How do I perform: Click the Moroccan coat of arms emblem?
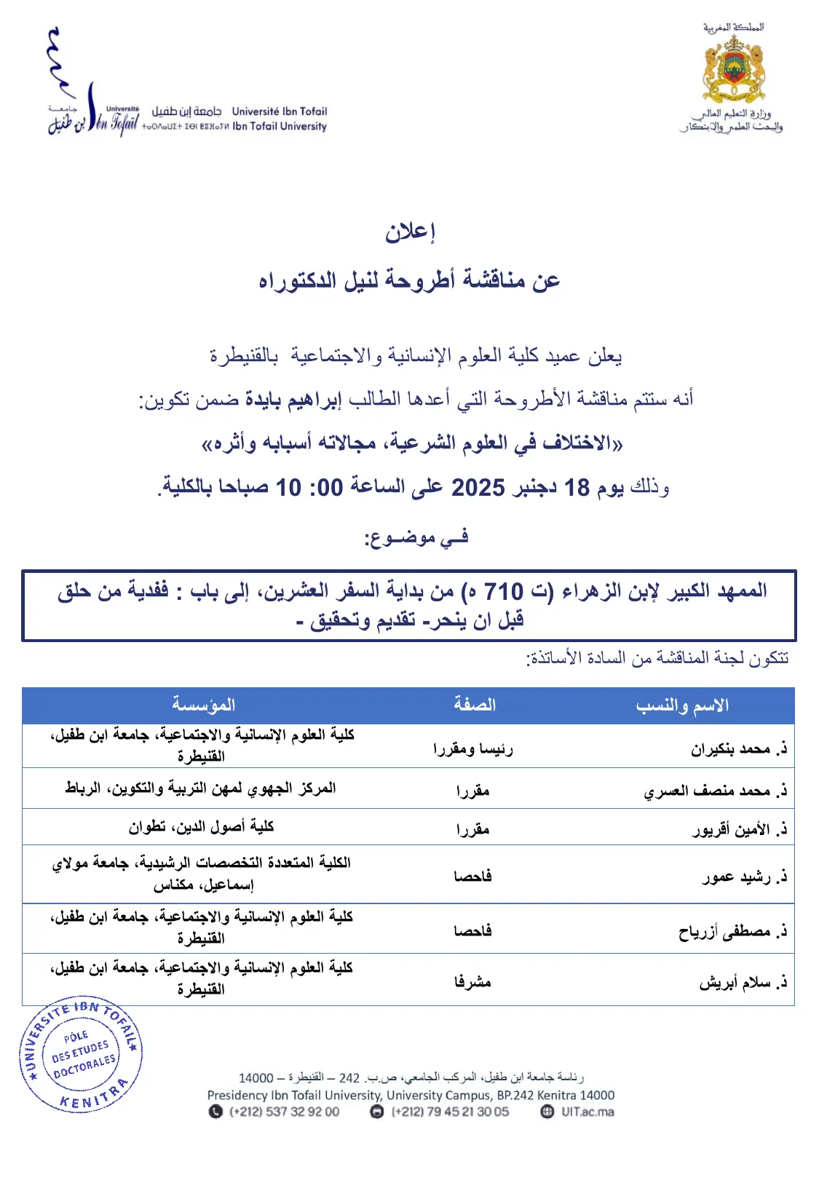click(x=733, y=71)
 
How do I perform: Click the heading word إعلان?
click(x=410, y=232)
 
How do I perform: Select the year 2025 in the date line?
click(x=478, y=487)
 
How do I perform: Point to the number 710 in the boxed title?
click(x=503, y=591)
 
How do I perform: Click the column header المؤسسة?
click(x=203, y=705)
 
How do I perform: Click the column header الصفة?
click(x=474, y=705)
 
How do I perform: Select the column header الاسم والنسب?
click(x=682, y=705)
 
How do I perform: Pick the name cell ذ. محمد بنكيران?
click(x=739, y=749)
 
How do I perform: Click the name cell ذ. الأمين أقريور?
click(x=740, y=829)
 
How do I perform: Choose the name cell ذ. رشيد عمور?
click(x=745, y=877)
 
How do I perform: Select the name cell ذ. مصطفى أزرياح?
click(x=733, y=931)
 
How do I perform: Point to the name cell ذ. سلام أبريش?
click(x=743, y=983)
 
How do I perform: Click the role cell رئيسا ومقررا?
click(x=472, y=749)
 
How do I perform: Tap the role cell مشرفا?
click(x=472, y=982)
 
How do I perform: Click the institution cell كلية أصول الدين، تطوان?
click(x=201, y=827)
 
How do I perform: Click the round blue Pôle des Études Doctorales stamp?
click(x=81, y=1053)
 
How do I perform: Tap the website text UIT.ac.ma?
click(x=587, y=1112)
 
